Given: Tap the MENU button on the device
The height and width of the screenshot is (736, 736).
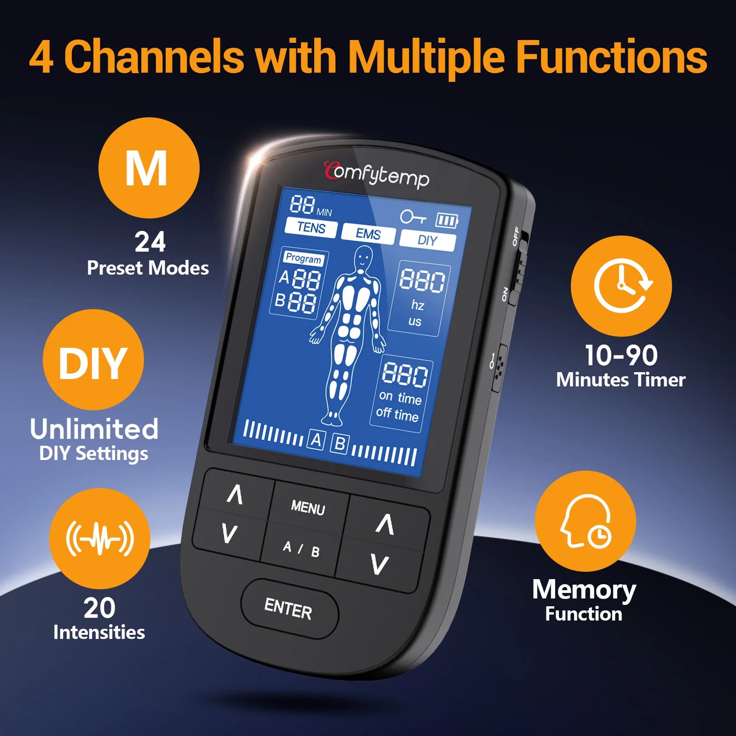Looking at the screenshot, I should point(308,507).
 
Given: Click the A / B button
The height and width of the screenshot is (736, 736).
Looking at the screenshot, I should point(301,549).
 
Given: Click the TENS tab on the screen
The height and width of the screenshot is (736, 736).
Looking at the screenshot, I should point(311,228).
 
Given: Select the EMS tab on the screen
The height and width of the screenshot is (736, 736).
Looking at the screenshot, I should point(368,234).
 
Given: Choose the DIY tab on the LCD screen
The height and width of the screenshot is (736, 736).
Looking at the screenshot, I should point(427,241).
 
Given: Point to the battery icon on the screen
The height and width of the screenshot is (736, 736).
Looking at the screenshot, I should point(447,221).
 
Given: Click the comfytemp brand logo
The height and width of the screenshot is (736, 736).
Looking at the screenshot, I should point(376,175).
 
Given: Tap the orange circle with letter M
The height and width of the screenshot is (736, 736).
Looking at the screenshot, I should point(149,168).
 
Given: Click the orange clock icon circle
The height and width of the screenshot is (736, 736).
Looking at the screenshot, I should point(621,286).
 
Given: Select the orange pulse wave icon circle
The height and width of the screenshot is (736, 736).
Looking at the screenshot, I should point(100,539).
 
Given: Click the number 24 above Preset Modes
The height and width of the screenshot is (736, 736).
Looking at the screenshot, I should point(150,242).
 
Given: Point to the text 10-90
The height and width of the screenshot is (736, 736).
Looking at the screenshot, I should point(621,356).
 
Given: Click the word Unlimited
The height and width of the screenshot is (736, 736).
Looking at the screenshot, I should point(94,429).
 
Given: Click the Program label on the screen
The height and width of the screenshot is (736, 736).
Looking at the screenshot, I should point(303,258).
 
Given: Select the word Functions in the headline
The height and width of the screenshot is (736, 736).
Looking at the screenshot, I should point(611,57).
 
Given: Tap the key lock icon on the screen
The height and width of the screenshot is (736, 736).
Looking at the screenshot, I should point(412,217).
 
